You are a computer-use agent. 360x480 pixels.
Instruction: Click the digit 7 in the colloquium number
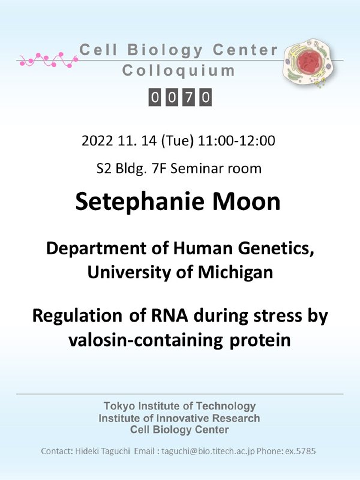pyautogui.click(x=188, y=97)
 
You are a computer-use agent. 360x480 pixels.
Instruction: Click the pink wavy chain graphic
pyautogui.click(x=49, y=59)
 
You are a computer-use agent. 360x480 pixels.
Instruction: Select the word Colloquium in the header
pyautogui.click(x=178, y=71)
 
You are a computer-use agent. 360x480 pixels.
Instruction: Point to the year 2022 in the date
pyautogui.click(x=98, y=141)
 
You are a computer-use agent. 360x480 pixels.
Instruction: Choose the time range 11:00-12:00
pyautogui.click(x=236, y=141)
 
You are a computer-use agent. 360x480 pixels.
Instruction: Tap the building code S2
pyautogui.click(x=104, y=169)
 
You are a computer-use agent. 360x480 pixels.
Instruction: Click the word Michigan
pyautogui.click(x=235, y=272)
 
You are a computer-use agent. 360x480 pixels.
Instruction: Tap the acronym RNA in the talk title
pyautogui.click(x=169, y=316)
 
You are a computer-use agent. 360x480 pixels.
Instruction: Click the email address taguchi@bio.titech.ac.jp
pyautogui.click(x=208, y=451)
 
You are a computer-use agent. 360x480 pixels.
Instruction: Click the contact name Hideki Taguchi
pyautogui.click(x=103, y=452)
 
